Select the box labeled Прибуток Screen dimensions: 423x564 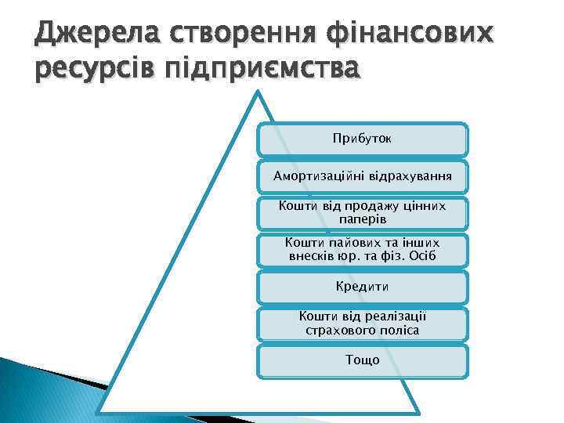tap(363, 139)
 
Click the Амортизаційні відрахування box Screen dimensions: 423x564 tap(363, 176)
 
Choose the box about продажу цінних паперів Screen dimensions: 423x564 tap(363, 212)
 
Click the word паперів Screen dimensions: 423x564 tap(363, 219)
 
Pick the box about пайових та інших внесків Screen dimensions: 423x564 tap(363, 250)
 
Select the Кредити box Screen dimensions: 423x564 tap(363, 287)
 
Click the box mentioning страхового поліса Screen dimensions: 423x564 tap(363, 323)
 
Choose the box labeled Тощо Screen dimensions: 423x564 tap(363, 360)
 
